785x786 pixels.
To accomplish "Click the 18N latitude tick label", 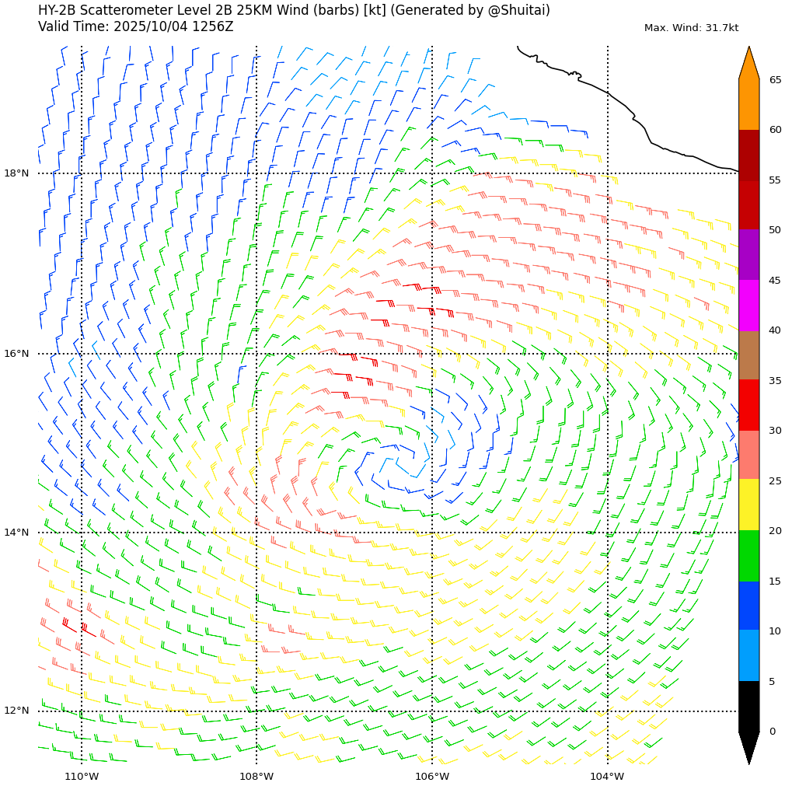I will point(16,173).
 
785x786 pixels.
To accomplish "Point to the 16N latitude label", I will point(16,354).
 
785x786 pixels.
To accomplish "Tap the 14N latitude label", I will point(16,533).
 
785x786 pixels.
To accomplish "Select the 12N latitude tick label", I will point(16,711).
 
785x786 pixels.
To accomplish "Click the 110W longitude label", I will point(82,776).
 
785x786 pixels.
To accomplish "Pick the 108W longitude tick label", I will point(256,776).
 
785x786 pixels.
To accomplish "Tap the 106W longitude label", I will point(432,776).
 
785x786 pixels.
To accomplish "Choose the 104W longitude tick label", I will point(607,776).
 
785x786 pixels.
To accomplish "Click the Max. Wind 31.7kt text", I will point(691,28).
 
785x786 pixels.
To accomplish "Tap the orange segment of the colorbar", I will point(748,103).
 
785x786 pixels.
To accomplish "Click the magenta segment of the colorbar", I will point(748,305).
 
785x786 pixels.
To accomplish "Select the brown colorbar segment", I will point(748,355).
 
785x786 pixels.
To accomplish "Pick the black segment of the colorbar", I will point(748,706).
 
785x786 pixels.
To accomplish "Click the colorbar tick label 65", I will point(776,80).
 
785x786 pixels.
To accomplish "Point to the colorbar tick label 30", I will point(776,431).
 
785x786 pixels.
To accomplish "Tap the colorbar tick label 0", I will point(773,732).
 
